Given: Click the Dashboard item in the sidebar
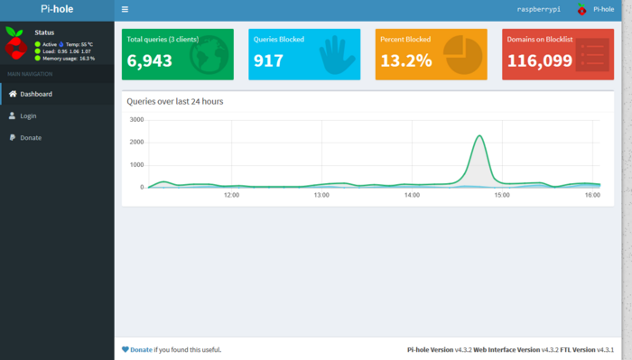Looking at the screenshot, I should (36, 94).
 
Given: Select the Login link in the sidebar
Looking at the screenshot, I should (28, 115).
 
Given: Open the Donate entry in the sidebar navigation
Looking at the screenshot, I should (31, 137).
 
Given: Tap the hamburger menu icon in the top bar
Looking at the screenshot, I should (125, 9).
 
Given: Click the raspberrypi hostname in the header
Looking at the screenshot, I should (538, 9).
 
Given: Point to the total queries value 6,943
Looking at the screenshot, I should (150, 61).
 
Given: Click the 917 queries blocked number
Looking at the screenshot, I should (268, 61).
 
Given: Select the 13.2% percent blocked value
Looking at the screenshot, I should (405, 61).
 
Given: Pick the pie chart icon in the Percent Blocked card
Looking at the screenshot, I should (461, 54).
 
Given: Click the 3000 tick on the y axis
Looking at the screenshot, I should (136, 119).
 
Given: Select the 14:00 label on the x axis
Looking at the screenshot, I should (413, 195).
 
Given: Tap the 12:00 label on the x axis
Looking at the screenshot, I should (231, 195).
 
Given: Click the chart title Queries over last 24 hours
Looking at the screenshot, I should (175, 101).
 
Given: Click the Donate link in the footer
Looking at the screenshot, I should (141, 349).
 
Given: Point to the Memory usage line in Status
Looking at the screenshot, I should (67, 58).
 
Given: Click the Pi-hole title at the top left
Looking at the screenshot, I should (57, 9).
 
